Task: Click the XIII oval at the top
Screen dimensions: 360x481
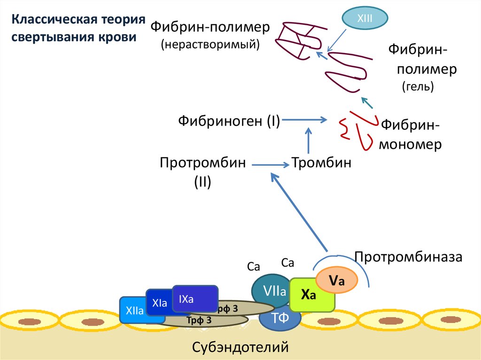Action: coord(365,18)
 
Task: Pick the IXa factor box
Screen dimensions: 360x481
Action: coord(194,299)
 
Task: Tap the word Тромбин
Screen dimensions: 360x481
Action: coord(322,164)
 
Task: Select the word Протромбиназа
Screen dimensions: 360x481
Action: coord(409,257)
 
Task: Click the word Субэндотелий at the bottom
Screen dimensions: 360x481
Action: coord(240,347)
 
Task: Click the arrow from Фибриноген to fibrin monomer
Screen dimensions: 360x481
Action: coord(305,120)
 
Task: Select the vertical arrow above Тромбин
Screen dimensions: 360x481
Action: coord(309,140)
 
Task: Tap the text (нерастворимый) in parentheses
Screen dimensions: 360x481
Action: coord(210,45)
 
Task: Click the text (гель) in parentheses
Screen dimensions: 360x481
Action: coord(417,86)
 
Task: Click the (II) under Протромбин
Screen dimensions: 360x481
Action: coord(202,182)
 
